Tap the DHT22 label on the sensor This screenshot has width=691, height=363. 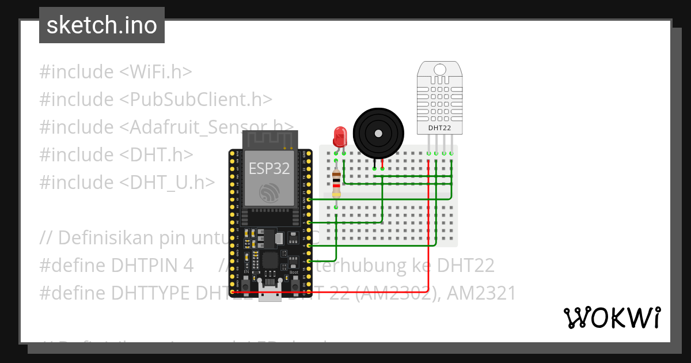click(439, 127)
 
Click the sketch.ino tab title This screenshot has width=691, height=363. click(102, 25)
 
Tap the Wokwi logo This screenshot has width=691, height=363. click(612, 317)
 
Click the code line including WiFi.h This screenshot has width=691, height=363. click(115, 72)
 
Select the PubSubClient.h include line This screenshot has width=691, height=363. click(155, 99)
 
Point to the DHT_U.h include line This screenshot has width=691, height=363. click(127, 182)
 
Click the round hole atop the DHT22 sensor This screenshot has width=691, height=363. click(439, 70)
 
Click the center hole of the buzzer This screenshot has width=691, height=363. click(377, 133)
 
